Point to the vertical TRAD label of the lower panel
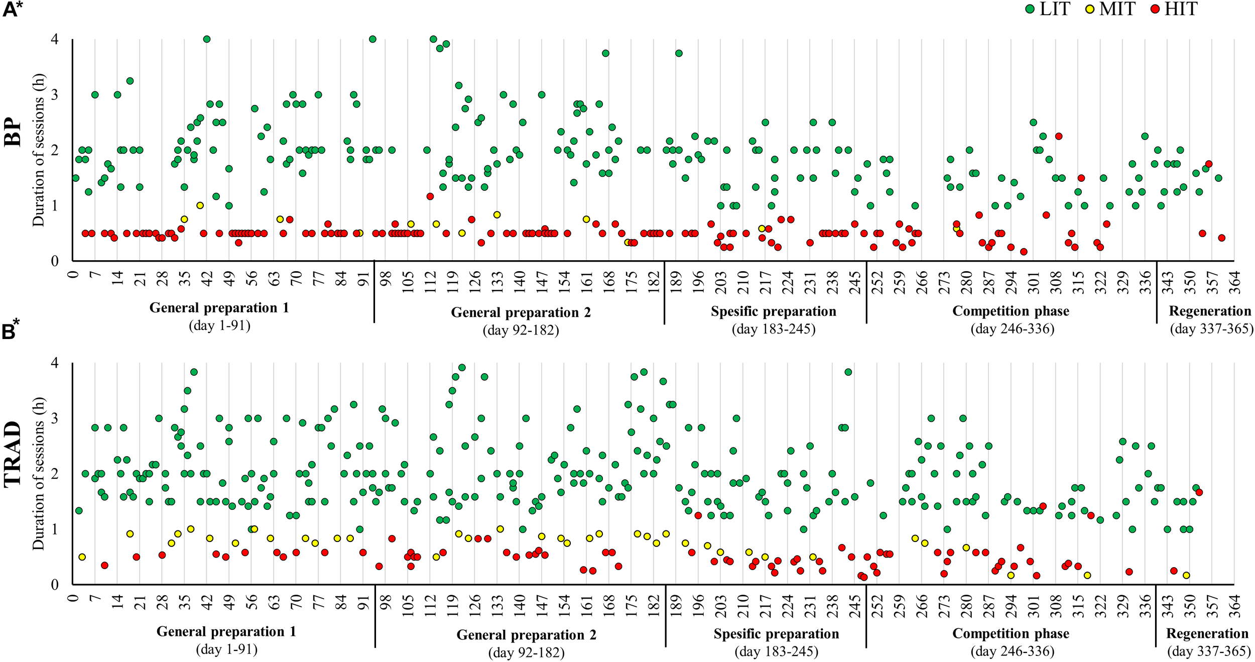pos(13,455)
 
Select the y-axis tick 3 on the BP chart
pos(55,95)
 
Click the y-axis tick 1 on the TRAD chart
pos(55,529)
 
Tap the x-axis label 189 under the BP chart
pos(676,282)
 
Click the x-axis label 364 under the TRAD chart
pos(1235,605)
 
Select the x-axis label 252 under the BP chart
pos(877,282)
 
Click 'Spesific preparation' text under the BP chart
pos(773,311)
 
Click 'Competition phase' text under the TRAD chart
pos(1011,634)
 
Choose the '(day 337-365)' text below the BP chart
pos(1211,329)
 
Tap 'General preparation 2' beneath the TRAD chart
pos(526,635)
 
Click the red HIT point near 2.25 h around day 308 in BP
pos(1059,136)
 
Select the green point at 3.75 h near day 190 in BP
pos(679,53)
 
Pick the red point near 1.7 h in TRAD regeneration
pos(1199,492)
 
